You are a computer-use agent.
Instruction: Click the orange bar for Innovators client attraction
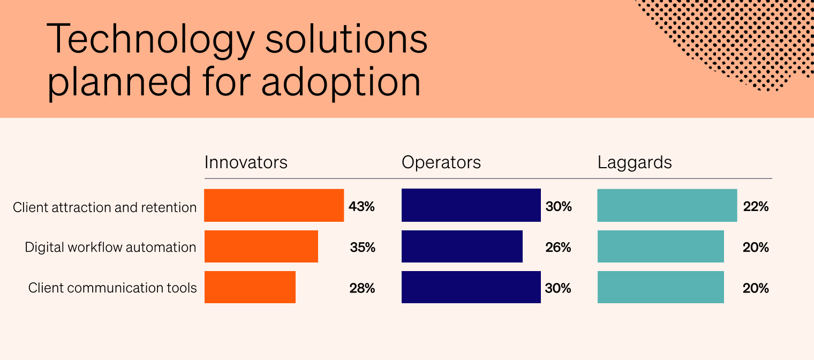[274, 205]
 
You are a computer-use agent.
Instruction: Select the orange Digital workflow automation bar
[261, 246]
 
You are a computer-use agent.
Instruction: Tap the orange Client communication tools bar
[250, 287]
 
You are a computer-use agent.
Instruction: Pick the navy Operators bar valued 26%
[462, 246]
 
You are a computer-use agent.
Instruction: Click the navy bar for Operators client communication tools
[471, 287]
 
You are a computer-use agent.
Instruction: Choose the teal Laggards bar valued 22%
[667, 205]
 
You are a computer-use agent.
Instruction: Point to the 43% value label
[361, 206]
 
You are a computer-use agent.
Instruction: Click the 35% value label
[363, 247]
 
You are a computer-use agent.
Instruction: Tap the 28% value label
[362, 288]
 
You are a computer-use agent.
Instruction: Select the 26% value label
[559, 247]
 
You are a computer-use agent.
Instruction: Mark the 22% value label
[756, 206]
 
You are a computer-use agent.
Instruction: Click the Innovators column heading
[246, 162]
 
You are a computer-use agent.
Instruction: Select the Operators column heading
[441, 162]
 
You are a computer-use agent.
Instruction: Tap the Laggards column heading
[635, 162]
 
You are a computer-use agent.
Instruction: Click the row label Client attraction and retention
[105, 207]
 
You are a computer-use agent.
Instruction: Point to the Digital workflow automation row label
[110, 247]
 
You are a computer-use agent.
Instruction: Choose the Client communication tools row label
[112, 288]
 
